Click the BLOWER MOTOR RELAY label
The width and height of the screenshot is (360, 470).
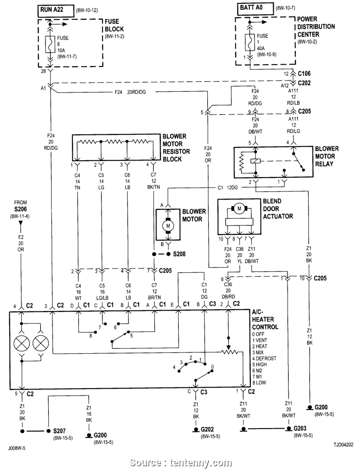tap(327, 156)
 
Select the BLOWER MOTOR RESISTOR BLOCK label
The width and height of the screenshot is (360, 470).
tap(175, 148)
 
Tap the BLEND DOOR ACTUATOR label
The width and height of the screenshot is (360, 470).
tap(278, 208)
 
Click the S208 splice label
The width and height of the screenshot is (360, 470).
tap(179, 253)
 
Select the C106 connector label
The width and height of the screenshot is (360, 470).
tap(304, 74)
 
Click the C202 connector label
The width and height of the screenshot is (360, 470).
tap(304, 83)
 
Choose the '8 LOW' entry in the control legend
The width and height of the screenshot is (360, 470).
tap(259, 382)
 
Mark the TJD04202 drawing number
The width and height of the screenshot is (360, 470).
tap(343, 444)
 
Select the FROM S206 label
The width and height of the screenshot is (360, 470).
tap(20, 206)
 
